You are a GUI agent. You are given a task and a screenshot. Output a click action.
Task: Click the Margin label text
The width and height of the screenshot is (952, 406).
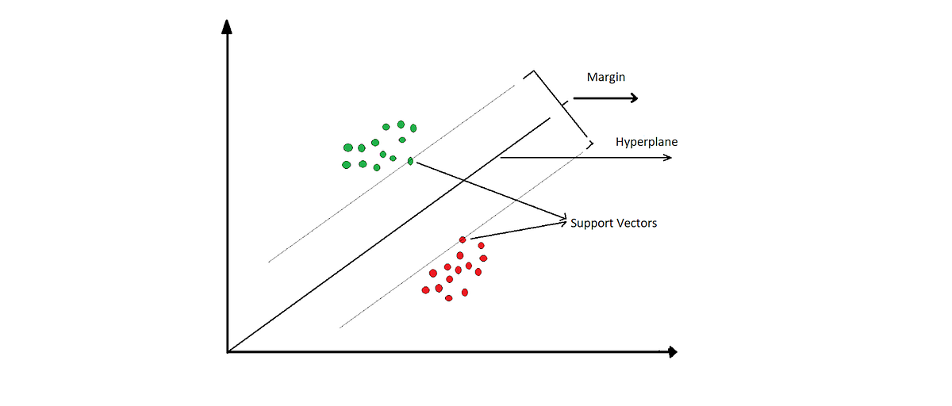pyautogui.click(x=606, y=77)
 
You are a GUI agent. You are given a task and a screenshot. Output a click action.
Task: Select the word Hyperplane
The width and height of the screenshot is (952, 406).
pyautogui.click(x=647, y=142)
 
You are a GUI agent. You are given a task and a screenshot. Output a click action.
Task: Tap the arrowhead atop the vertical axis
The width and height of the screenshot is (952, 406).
pyautogui.click(x=228, y=26)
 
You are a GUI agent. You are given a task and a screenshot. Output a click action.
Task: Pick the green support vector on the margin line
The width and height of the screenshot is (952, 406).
pyautogui.click(x=410, y=161)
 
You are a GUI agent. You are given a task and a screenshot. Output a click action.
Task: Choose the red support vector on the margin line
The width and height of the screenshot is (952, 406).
pyautogui.click(x=463, y=239)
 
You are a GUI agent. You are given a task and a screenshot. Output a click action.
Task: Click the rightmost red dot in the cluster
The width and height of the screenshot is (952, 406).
pyautogui.click(x=483, y=259)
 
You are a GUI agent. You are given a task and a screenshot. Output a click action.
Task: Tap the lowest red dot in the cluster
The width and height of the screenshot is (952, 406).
pyautogui.click(x=449, y=298)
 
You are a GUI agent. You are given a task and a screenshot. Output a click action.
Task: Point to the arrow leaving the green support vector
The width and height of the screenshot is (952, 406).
pyautogui.click(x=492, y=190)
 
